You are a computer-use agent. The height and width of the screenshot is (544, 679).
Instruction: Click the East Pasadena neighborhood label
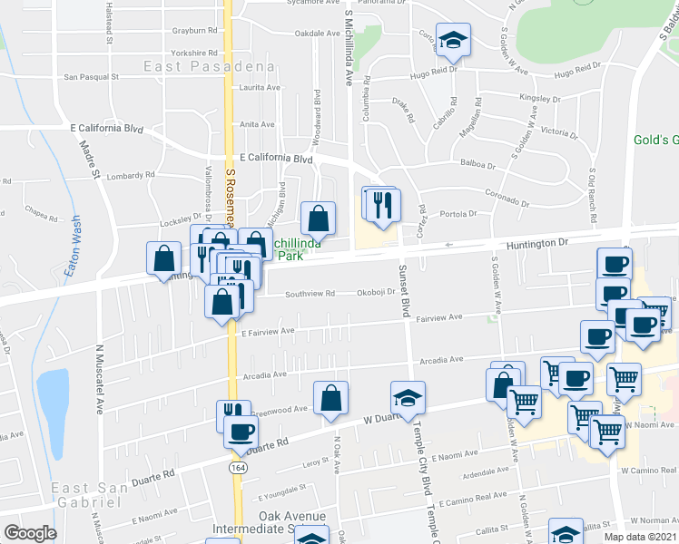tap(209, 67)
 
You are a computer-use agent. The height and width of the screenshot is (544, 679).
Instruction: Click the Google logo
tap(30, 533)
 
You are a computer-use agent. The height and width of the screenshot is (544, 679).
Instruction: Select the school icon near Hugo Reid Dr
tap(450, 40)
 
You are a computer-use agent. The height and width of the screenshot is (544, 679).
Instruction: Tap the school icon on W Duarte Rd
tap(408, 397)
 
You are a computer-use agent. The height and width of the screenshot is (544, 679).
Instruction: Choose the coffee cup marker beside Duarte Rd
tap(241, 432)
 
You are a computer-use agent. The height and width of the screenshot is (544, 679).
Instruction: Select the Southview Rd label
tap(310, 294)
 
